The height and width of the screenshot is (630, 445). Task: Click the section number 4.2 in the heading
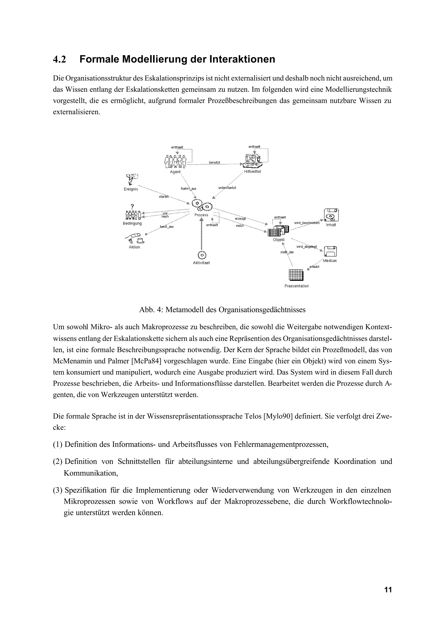pyautogui.click(x=60, y=60)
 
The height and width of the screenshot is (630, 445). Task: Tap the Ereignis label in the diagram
pyautogui.click(x=131, y=189)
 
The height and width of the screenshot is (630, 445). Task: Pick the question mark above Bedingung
pyautogui.click(x=132, y=206)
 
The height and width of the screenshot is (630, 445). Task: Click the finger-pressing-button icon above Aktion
pyautogui.click(x=135, y=238)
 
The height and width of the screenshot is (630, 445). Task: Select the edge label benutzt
pyautogui.click(x=214, y=162)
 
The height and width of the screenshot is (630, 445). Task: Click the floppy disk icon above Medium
pyautogui.click(x=330, y=251)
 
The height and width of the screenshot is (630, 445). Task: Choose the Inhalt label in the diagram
pyautogui.click(x=331, y=225)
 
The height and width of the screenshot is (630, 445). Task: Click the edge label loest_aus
pyautogui.click(x=167, y=227)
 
